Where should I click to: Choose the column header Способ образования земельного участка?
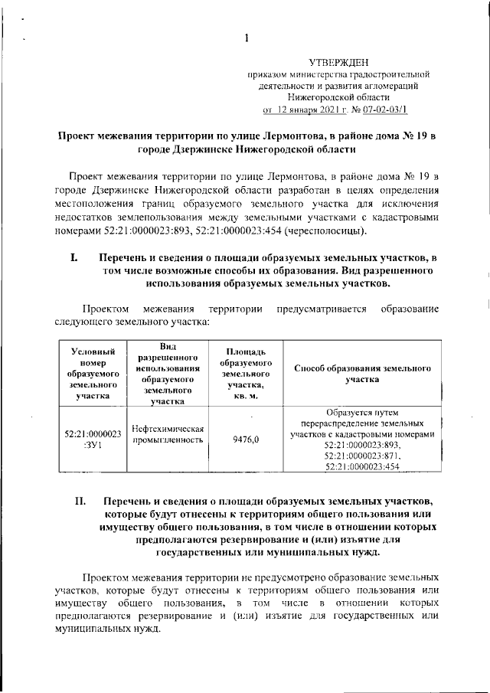(362, 373)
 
